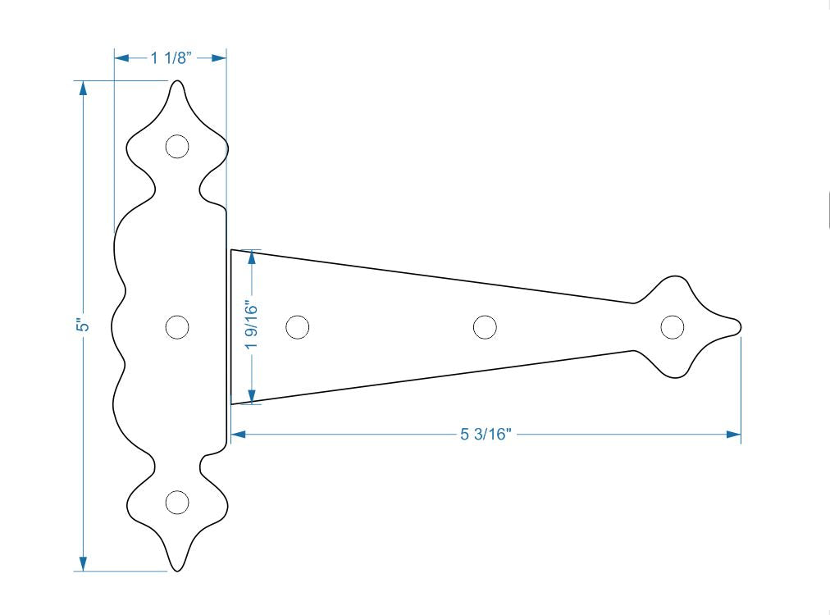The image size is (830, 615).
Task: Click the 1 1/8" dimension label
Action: tap(170, 58)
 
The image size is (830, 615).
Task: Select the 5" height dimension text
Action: tap(82, 326)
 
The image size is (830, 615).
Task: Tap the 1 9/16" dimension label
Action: tap(252, 326)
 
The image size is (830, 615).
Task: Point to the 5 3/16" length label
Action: tap(486, 435)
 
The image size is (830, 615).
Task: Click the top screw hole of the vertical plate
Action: tap(176, 147)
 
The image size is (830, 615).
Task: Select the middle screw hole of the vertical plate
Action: tap(176, 326)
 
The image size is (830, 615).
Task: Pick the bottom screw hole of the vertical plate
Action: tap(176, 503)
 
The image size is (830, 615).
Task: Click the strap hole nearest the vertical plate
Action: tap(298, 326)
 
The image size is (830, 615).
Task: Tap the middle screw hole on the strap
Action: tap(486, 326)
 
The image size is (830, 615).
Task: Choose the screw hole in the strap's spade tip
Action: tap(673, 326)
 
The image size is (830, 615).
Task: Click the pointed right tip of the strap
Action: tap(740, 326)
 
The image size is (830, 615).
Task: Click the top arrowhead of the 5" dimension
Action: tap(82, 87)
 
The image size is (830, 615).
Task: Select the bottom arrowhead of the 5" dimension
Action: tap(82, 564)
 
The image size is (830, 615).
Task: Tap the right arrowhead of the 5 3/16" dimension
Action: tap(734, 435)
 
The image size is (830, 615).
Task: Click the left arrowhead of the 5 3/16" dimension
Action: tap(238, 435)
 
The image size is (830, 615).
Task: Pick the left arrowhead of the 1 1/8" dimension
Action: tap(121, 58)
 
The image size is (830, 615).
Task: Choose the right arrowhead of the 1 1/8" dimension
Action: tap(219, 58)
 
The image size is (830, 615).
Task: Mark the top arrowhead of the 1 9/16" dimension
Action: tap(252, 256)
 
